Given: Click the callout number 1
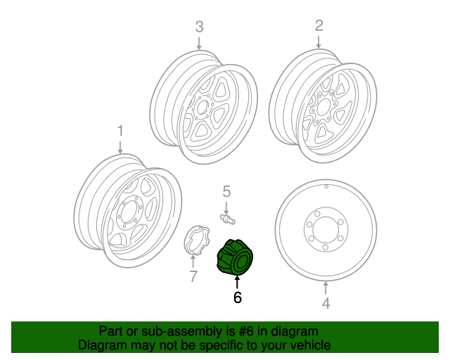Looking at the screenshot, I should click(x=120, y=131).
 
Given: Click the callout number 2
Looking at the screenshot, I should click(x=319, y=26).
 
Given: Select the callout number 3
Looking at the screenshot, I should click(x=199, y=27).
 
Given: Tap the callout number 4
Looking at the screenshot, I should click(x=326, y=304).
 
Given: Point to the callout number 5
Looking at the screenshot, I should click(x=226, y=191).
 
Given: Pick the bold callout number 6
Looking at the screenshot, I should click(x=237, y=297).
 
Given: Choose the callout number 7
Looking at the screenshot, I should click(x=193, y=276).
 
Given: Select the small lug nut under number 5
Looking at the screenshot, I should click(x=227, y=219).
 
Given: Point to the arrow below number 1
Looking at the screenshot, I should click(x=120, y=146).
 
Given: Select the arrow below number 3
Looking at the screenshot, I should click(x=199, y=42).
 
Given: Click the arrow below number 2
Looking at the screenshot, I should click(x=319, y=41).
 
